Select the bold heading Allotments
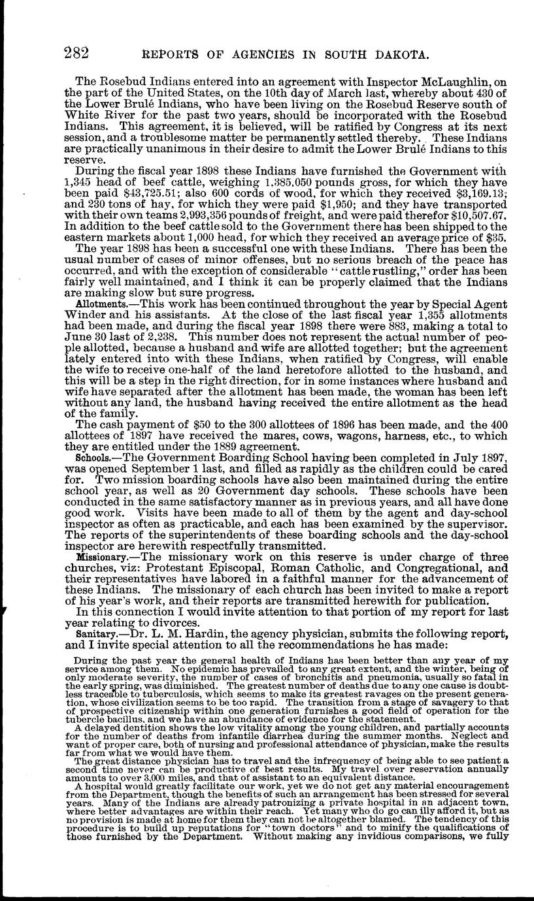[x=98, y=305]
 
